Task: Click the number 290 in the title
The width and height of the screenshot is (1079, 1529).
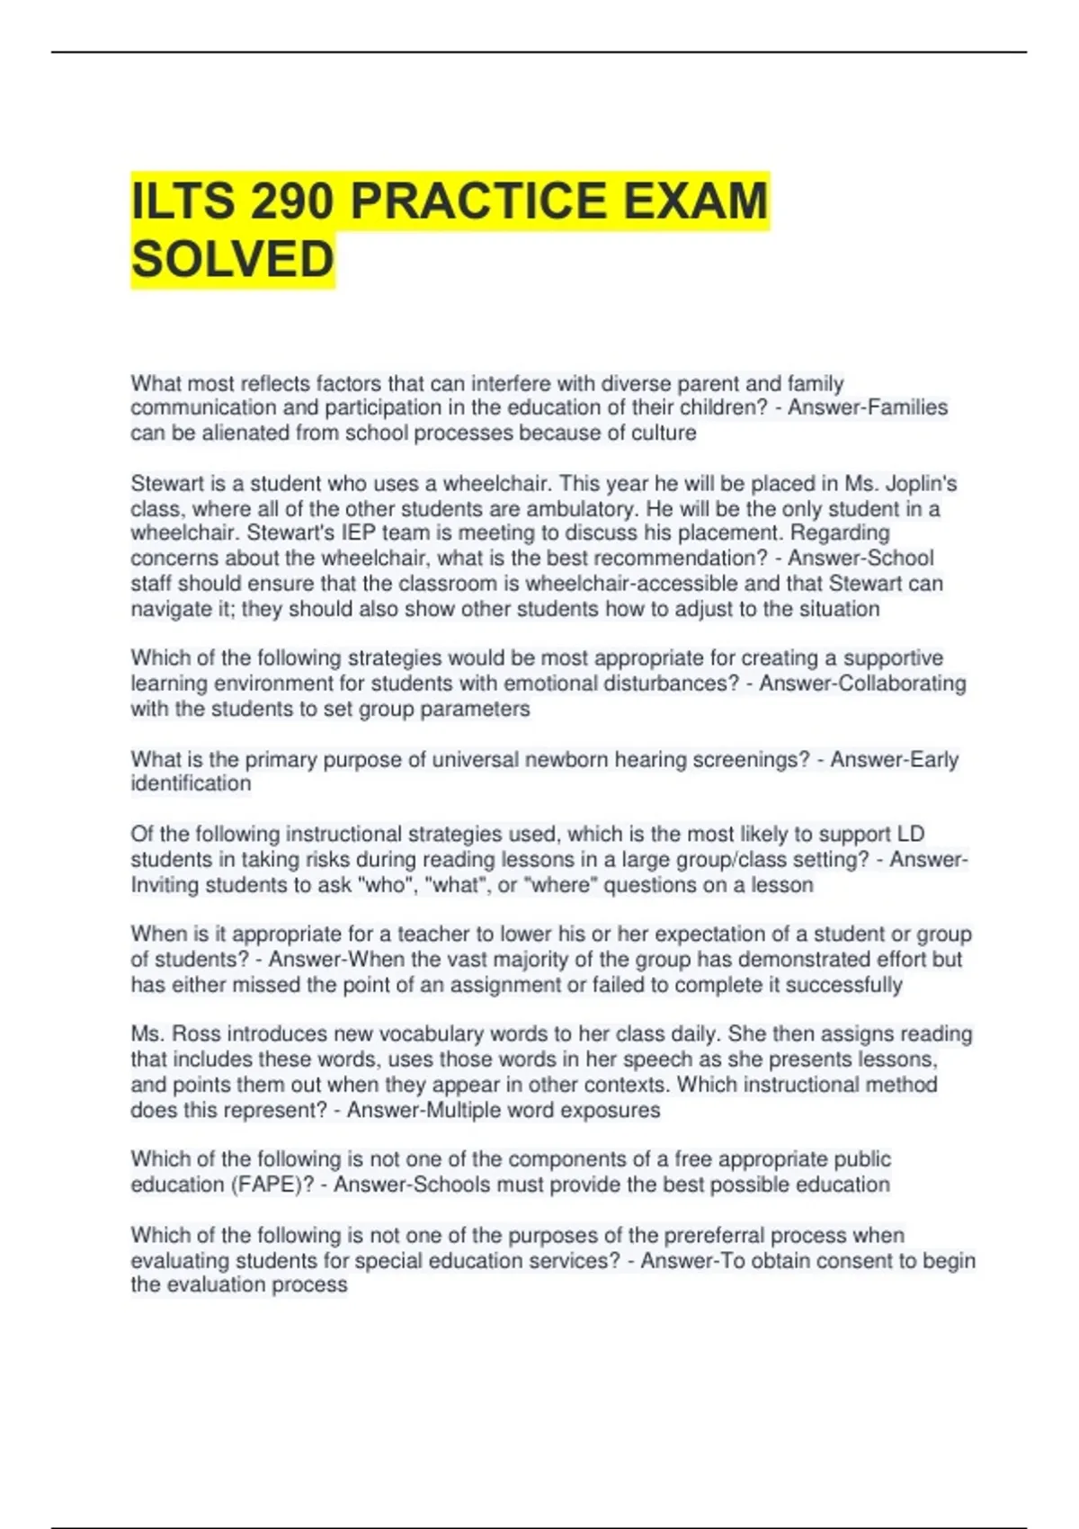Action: coord(292,201)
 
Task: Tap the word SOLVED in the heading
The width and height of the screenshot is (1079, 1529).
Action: coord(233,260)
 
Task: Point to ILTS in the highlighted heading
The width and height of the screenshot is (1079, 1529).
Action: coord(183,201)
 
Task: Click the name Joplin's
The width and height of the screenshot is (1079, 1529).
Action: coord(921,484)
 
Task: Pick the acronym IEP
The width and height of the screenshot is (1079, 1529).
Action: coord(359,533)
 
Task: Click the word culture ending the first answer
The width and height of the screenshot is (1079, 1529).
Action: coord(663,434)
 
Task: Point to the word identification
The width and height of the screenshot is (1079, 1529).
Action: coord(191,784)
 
